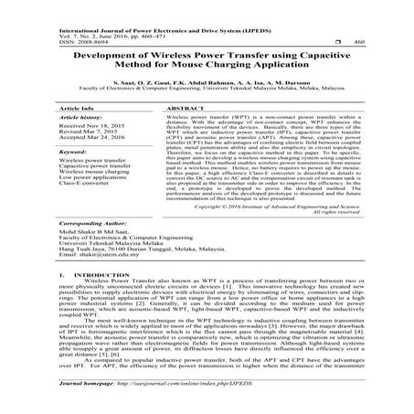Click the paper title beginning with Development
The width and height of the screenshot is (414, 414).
[207, 60]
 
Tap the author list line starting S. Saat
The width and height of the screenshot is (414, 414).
[207, 82]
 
